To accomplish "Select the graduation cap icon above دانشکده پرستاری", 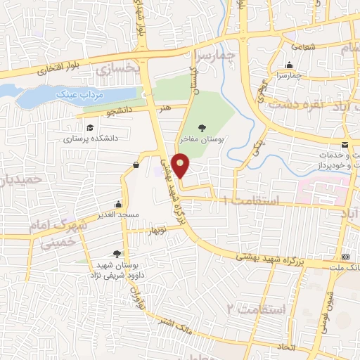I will pos(90,127).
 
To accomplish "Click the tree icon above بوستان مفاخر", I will pos(202,127).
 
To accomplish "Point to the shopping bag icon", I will pos(135,165).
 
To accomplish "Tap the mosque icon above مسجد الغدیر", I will pos(117,205).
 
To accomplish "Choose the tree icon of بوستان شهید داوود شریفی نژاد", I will pos(116,253).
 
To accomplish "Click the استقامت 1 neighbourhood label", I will pos(250,201).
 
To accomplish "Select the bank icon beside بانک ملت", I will pos(345,257).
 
